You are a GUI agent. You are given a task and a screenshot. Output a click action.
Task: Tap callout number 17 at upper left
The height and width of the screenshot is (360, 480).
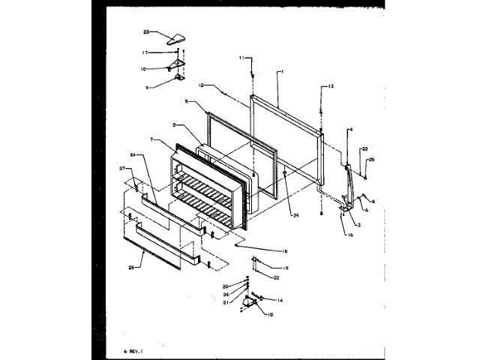click(146, 52)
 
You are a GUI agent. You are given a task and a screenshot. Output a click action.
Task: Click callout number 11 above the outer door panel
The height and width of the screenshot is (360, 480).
click(242, 58)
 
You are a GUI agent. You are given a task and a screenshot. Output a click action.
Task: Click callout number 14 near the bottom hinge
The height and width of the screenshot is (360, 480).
click(280, 300)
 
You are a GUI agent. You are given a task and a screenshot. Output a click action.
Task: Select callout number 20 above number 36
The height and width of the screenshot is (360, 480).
click(225, 286)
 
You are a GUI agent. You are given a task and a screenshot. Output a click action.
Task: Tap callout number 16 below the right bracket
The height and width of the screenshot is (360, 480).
click(350, 235)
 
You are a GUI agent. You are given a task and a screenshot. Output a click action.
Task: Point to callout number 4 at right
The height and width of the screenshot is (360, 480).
click(350, 130)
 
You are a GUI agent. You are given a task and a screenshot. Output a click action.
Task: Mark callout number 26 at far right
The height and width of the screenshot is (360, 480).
click(372, 160)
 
